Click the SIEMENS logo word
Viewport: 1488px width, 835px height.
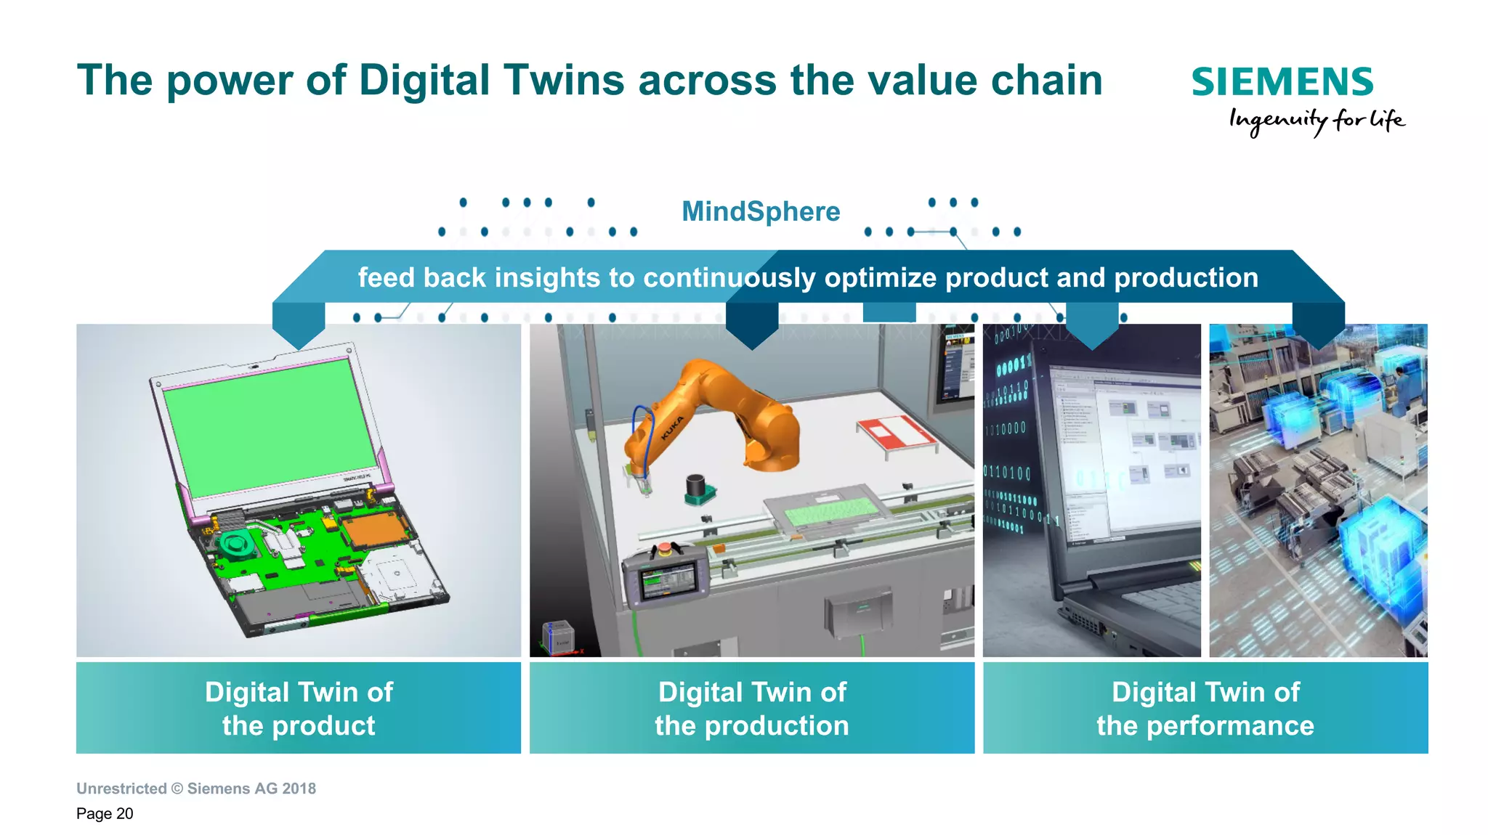click(1282, 82)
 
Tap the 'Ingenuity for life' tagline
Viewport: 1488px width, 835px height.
click(1317, 120)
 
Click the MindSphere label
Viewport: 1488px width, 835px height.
click(760, 211)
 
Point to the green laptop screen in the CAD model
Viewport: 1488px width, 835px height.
click(269, 428)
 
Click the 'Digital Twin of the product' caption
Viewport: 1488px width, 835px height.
click(299, 708)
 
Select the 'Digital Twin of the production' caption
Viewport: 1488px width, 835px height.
click(752, 708)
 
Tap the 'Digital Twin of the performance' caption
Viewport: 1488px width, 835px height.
click(1205, 708)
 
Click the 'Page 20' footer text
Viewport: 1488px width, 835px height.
click(105, 813)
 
